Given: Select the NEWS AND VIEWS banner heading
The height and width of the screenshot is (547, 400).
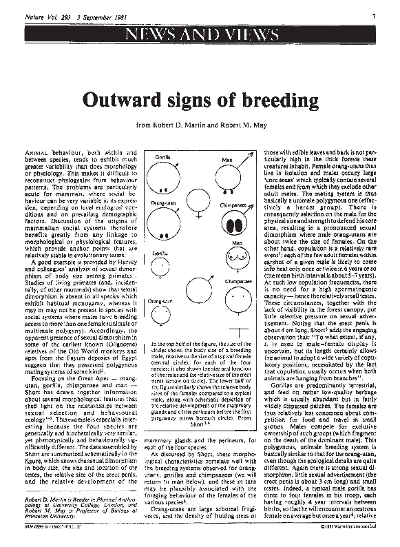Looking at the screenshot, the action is coord(200,34).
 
